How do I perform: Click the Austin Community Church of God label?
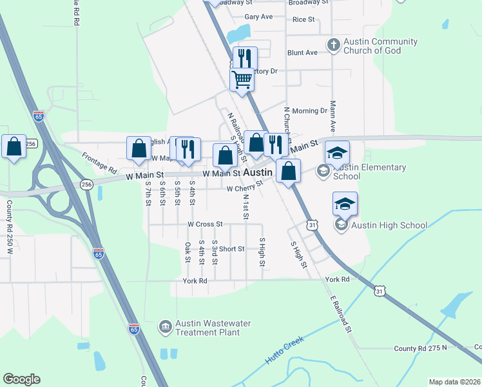380,46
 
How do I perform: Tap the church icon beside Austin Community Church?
333,45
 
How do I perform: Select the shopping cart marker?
242,81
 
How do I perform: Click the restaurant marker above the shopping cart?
245,59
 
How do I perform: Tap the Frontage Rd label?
99,164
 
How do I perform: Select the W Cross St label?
204,224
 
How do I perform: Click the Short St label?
231,249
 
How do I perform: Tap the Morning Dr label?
309,111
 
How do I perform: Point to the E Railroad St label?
342,315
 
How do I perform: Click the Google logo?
21,379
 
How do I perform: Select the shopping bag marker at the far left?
14,147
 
